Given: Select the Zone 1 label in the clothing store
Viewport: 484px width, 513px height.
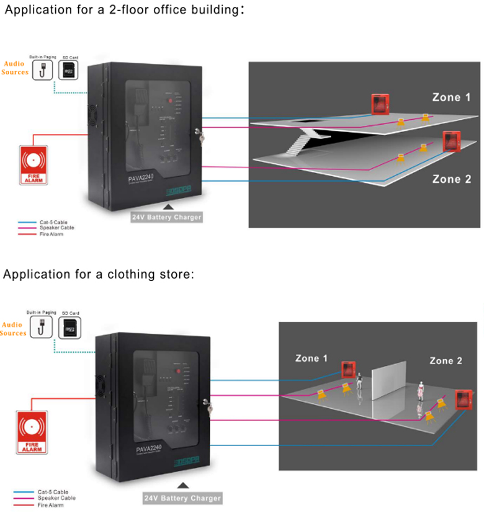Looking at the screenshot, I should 311,359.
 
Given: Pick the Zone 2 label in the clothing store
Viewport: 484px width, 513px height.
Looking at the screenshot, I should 446,360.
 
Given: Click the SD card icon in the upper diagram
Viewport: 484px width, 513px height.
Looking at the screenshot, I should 68,69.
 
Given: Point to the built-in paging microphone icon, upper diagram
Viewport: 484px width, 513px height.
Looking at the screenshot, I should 43,69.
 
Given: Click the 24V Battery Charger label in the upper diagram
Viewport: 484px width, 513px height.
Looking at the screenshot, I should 166,217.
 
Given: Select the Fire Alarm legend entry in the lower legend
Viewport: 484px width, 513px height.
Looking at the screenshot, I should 50,505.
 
